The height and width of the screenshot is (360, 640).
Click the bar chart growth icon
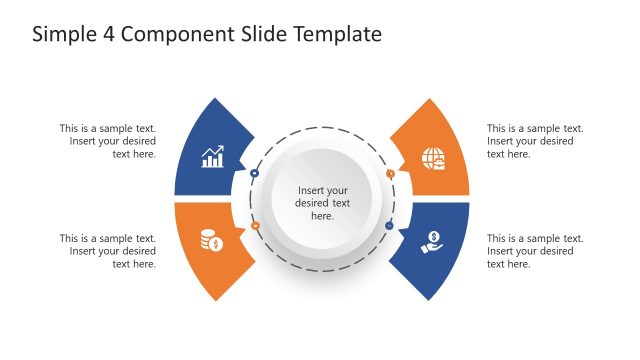212,157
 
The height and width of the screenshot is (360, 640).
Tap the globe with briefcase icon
433,158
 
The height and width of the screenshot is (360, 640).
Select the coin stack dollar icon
211,241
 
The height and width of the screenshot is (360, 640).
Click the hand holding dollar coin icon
432,241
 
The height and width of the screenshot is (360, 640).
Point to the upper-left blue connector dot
255,174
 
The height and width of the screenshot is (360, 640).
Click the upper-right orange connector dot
390,174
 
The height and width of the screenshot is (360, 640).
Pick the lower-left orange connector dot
255,226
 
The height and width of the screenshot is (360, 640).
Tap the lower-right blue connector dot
389,226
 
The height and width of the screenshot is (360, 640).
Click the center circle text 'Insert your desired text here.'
322,203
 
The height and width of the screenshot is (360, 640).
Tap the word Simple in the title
64,34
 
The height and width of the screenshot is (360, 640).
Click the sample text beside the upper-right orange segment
535,141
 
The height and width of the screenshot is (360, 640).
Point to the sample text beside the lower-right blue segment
535,251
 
